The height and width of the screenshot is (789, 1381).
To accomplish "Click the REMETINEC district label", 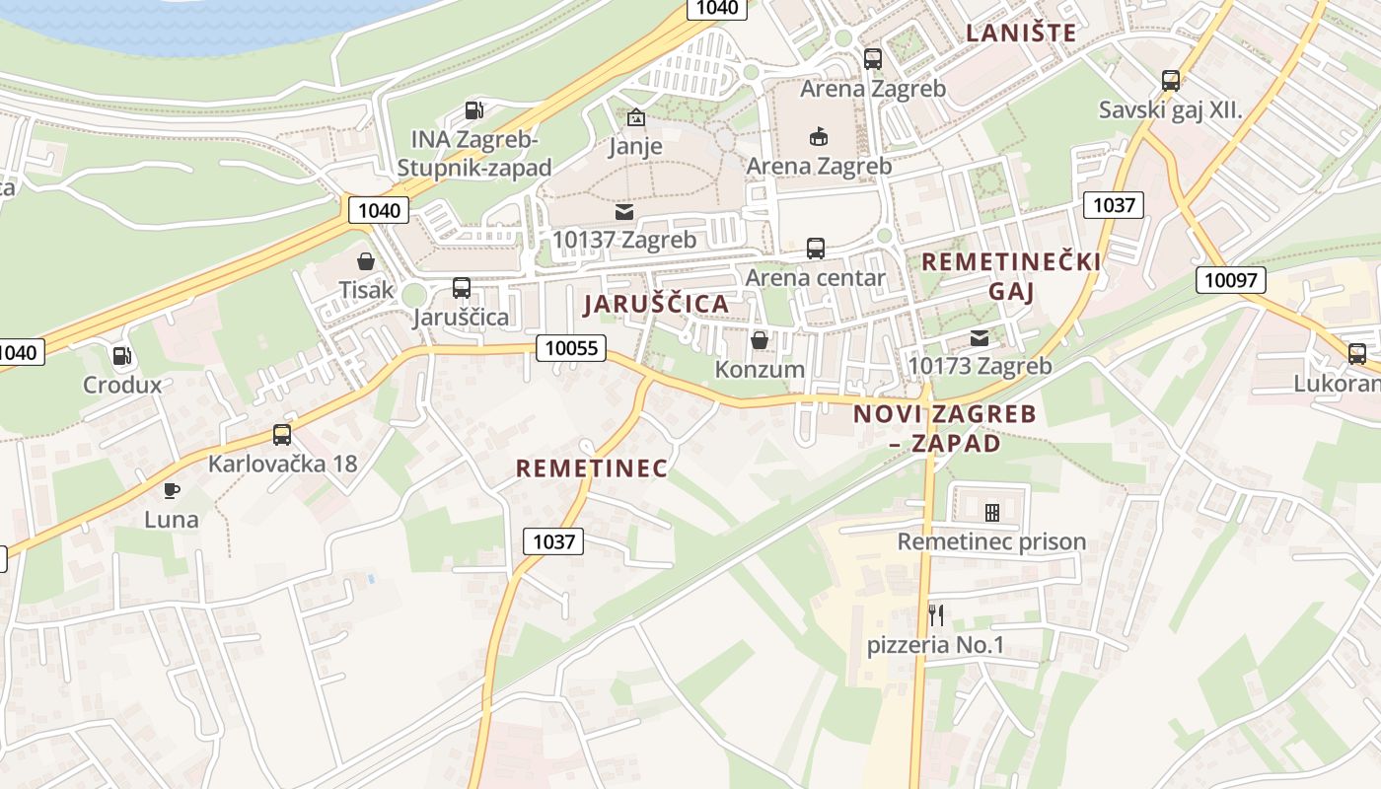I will pyautogui.click(x=592, y=467).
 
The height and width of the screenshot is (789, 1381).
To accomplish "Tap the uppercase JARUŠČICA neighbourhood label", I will pyautogui.click(x=656, y=304).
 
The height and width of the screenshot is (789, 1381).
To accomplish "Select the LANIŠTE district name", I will pyautogui.click(x=1021, y=33).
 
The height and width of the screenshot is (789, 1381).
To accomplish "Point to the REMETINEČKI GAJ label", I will pyautogui.click(x=1011, y=276).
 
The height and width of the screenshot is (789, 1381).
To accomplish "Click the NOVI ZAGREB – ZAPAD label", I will pyautogui.click(x=945, y=428).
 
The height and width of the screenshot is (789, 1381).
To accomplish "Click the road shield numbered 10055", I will pyautogui.click(x=571, y=347).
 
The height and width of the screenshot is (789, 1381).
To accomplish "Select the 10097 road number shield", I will pyautogui.click(x=1231, y=280).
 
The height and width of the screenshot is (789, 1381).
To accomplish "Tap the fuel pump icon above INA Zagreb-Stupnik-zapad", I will pyautogui.click(x=474, y=110).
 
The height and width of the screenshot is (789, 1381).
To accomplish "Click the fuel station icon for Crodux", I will pyautogui.click(x=121, y=356).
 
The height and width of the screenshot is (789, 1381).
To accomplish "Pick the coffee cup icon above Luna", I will pyautogui.click(x=172, y=490).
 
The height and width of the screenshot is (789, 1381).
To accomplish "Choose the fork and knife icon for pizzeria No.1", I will pyautogui.click(x=936, y=615).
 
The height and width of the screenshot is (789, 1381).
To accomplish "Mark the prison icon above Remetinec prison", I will pyautogui.click(x=991, y=512).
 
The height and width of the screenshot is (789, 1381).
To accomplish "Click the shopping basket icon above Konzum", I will pyautogui.click(x=760, y=340).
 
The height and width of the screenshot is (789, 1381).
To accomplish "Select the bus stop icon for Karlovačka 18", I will pyautogui.click(x=282, y=434).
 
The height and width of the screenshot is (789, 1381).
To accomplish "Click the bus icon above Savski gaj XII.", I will pyautogui.click(x=1171, y=81).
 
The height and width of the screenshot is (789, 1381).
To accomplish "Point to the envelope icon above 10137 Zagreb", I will pyautogui.click(x=624, y=211).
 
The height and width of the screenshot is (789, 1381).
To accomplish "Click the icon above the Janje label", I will pyautogui.click(x=636, y=118).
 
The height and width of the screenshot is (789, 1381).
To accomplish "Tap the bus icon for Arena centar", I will pyautogui.click(x=816, y=249).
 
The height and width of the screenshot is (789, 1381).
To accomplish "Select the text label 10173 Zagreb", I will pyautogui.click(x=980, y=366).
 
